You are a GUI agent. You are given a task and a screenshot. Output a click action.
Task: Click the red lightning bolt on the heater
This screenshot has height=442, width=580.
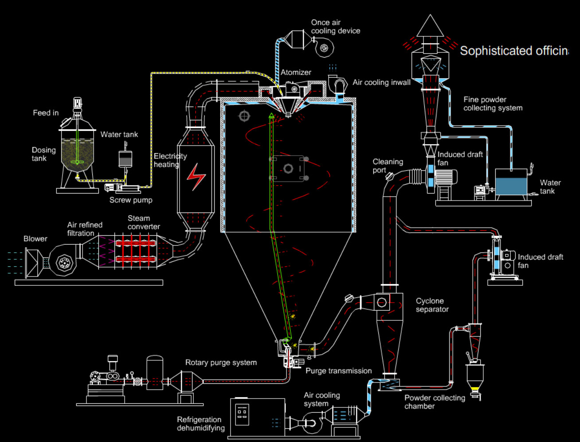[x=196, y=176]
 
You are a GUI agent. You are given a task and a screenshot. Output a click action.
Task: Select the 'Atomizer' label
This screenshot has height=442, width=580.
[x=296, y=72]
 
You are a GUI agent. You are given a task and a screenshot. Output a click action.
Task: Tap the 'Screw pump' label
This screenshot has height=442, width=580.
[x=131, y=200]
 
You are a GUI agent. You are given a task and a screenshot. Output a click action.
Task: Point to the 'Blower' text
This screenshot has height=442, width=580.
[x=35, y=239]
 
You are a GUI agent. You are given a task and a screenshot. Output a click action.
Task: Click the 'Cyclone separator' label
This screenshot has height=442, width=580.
[x=432, y=305]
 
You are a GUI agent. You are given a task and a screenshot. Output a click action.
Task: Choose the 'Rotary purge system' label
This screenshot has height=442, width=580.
[x=221, y=363]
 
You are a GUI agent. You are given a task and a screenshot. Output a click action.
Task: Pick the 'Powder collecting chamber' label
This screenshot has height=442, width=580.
[x=435, y=402]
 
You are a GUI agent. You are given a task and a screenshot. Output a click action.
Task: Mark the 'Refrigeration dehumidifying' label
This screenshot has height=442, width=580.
[x=200, y=423]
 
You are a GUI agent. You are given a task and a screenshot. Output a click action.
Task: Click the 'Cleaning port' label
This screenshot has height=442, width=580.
[x=388, y=166]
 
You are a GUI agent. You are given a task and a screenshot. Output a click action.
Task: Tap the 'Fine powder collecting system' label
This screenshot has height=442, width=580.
[x=493, y=104]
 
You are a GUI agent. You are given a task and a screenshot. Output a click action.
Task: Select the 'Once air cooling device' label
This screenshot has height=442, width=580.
[x=335, y=27]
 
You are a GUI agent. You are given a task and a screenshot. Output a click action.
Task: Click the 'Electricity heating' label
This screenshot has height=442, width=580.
[x=170, y=160]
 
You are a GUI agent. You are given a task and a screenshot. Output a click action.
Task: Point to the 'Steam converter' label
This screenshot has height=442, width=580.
[x=144, y=222]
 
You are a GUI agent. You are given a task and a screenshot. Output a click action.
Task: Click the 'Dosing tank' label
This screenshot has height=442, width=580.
[x=43, y=154]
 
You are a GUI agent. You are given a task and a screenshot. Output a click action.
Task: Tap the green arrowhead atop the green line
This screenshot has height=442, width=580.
[x=271, y=116]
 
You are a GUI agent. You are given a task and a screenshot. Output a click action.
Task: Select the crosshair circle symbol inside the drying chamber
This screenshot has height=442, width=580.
[x=243, y=116]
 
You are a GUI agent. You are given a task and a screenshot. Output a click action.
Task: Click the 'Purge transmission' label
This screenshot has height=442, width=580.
[x=338, y=371]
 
